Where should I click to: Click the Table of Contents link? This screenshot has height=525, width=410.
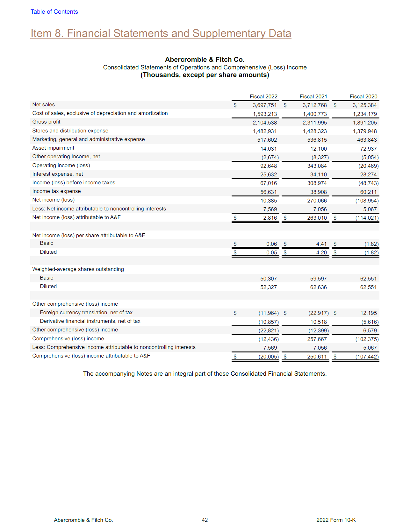tap(54, 12)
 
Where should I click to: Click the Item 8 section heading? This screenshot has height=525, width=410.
tap(161, 33)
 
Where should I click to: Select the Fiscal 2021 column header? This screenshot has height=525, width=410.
tap(313, 96)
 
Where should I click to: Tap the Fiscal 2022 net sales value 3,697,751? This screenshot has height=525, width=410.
tap(265, 105)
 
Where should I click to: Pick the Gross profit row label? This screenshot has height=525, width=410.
tap(46, 122)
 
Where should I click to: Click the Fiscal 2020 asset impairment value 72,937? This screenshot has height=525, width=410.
tap(368, 149)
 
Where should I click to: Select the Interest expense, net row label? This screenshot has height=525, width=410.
tap(58, 174)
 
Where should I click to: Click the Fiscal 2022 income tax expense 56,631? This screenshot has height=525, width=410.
tap(269, 192)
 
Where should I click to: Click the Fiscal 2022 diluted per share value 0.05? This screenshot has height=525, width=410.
tap(271, 252)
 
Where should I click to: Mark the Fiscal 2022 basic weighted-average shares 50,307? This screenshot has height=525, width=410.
tap(269, 279)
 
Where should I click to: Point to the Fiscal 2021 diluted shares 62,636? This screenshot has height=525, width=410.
tap(318, 287)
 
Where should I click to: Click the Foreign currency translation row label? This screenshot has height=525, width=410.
tap(86, 313)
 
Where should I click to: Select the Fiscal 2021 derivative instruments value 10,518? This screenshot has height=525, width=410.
tap(318, 322)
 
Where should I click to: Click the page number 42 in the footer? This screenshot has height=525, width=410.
tap(205, 520)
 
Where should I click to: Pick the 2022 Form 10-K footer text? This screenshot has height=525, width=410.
tap(336, 520)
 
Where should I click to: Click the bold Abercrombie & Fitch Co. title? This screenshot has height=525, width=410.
tap(205, 60)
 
